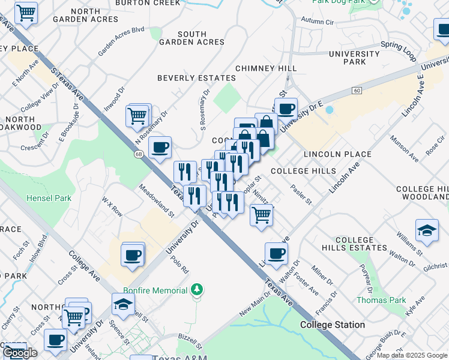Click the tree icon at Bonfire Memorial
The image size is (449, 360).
pyautogui.click(x=196, y=291)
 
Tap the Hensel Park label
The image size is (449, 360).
pyautogui.click(x=49, y=198)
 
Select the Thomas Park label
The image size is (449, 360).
pyautogui.click(x=381, y=300)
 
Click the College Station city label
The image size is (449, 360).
pyautogui.click(x=332, y=325)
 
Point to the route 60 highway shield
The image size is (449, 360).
pyautogui.click(x=357, y=90)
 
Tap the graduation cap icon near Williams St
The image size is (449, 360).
pyautogui.click(x=426, y=231)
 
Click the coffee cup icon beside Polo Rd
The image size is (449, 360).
pyautogui.click(x=133, y=254)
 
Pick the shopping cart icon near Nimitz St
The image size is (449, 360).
pyautogui.click(x=261, y=214)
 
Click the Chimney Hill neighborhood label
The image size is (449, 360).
pyautogui.click(x=265, y=68)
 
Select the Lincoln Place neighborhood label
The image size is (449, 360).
pyautogui.click(x=337, y=154)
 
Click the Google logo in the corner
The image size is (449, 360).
pyautogui.click(x=20, y=353)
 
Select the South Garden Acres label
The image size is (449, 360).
pyautogui.click(x=192, y=38)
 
